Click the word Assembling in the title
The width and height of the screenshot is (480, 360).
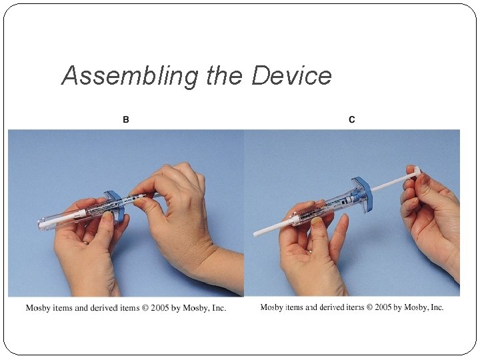[130, 76]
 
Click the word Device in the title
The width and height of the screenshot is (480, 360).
[291, 75]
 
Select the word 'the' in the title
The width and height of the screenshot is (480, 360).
[225, 75]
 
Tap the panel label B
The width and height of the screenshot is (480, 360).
[126, 119]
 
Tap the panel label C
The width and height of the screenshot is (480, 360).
[352, 119]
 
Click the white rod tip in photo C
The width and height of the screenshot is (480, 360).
[256, 235]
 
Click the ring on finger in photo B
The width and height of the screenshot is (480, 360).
[87, 243]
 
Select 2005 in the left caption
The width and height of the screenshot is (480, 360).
[160, 307]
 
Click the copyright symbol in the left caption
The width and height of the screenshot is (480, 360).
[145, 308]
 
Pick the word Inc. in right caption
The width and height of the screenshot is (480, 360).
[436, 307]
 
